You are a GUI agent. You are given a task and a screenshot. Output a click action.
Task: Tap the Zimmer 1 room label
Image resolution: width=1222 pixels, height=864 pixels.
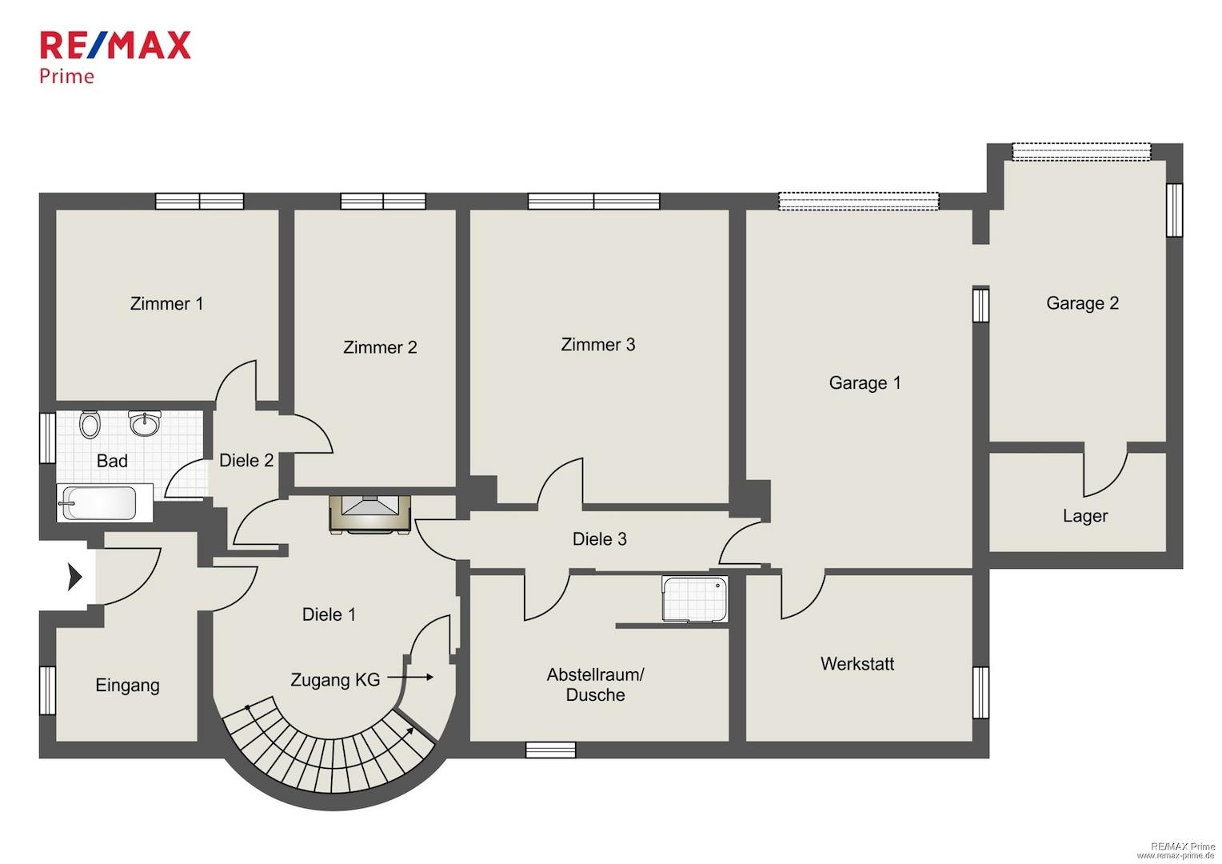(x=166, y=303)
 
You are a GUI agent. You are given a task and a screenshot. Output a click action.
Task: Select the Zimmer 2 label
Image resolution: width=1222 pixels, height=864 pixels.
(x=380, y=347)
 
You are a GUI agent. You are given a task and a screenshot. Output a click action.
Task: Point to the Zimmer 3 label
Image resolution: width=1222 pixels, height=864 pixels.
(x=598, y=344)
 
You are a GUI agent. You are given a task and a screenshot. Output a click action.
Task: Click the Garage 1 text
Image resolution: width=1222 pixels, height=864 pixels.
(x=865, y=383)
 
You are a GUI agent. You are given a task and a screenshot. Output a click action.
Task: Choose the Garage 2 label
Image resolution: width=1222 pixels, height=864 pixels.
(x=1082, y=303)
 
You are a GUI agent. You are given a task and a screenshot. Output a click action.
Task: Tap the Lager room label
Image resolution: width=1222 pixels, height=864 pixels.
(x=1085, y=516)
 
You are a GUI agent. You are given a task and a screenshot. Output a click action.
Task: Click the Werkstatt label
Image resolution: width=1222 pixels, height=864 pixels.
(x=857, y=664)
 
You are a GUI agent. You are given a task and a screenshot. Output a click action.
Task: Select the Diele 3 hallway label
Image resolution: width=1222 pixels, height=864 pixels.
(x=600, y=539)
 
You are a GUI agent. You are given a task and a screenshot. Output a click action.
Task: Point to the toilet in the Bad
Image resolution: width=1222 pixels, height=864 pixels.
(x=90, y=425)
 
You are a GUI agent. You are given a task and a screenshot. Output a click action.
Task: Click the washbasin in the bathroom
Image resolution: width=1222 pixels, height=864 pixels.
(x=145, y=423)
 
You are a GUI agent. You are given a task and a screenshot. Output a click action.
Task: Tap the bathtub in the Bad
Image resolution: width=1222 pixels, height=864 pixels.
(x=105, y=502)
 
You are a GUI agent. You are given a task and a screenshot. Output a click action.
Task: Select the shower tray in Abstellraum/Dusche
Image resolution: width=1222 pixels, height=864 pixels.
(x=694, y=598)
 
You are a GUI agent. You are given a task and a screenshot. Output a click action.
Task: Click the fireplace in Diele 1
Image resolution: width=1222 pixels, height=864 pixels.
(x=369, y=514)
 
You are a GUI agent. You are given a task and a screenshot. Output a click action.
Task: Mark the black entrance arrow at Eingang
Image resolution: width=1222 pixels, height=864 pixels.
(x=74, y=577)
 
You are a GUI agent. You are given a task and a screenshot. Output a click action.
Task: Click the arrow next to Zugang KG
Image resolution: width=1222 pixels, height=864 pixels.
(x=410, y=678)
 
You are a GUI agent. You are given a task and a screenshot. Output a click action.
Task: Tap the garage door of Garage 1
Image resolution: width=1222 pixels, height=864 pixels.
(x=859, y=201)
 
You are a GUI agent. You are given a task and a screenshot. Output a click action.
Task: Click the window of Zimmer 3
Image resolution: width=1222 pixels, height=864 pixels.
(x=593, y=201)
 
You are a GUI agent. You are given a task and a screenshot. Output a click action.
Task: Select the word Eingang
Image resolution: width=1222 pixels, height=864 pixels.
(x=128, y=686)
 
